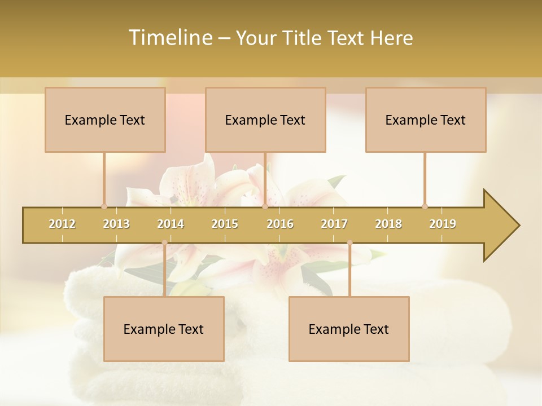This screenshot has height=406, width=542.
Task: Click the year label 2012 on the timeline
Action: pos(62,224)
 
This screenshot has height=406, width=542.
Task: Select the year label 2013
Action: pos(116,224)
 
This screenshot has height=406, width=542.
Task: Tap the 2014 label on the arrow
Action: pos(171,224)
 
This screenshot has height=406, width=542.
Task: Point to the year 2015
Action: pos(225,224)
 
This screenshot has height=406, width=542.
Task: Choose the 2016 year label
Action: pos(280,224)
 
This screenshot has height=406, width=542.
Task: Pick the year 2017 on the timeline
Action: pos(334,224)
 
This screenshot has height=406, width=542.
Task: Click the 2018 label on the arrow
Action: pos(388,224)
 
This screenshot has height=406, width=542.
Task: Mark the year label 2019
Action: pos(443,224)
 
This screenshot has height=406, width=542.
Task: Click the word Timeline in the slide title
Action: pos(169,38)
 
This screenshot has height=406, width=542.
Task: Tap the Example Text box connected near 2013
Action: pos(105,120)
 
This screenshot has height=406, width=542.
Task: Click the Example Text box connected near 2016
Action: pos(265,120)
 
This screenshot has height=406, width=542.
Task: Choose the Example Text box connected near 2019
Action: pos(426,120)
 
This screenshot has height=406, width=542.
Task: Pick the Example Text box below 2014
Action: pos(164,329)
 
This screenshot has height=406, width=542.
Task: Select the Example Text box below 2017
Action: pos(349,329)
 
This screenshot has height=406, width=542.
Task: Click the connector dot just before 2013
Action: pos(104,206)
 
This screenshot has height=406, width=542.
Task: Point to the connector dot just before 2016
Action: pos(265,206)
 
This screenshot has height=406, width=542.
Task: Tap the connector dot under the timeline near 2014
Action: pos(164,242)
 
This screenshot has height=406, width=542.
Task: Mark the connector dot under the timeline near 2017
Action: pos(349,242)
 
